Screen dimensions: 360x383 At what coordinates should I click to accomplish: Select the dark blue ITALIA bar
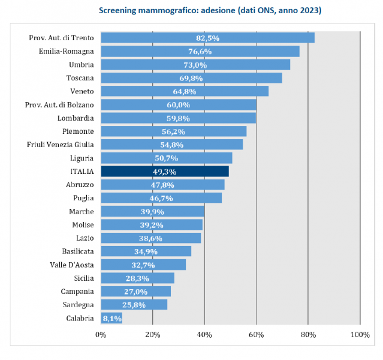click(165, 172)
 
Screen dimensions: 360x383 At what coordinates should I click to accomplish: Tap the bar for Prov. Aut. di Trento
click(207, 38)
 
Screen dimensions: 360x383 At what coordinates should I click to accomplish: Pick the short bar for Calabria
click(111, 319)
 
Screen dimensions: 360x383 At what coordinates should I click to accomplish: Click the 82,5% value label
click(208, 38)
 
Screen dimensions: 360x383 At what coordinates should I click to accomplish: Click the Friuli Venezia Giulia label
click(60, 145)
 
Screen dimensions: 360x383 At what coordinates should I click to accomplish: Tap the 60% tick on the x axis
click(256, 334)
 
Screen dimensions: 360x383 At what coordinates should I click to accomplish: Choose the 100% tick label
click(360, 334)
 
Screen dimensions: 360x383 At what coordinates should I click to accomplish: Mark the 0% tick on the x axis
click(101, 334)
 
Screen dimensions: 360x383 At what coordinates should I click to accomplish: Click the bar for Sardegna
click(134, 305)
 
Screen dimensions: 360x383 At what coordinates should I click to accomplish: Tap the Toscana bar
click(191, 78)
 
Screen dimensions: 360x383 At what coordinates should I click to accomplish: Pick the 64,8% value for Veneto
click(185, 91)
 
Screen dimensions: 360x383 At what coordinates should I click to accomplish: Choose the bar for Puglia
click(161, 198)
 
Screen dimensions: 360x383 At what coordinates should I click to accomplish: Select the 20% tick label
click(152, 334)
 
